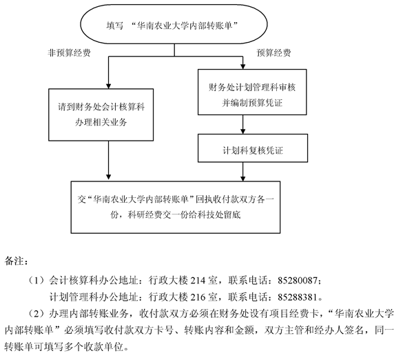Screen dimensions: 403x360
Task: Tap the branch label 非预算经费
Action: pos(69,52)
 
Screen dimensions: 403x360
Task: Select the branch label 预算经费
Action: pos(273,52)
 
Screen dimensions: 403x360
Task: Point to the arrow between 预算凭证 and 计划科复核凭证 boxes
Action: pos(243,124)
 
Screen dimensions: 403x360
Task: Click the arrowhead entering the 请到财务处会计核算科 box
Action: pos(108,86)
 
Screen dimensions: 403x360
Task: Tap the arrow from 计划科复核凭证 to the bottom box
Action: pos(243,172)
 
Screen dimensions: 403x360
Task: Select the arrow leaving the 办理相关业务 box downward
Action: pos(108,160)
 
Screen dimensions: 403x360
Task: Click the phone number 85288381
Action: pos(298,297)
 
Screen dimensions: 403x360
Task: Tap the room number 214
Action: pos(198,280)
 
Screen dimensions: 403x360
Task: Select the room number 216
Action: pos(198,297)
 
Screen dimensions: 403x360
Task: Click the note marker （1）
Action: pos(37,280)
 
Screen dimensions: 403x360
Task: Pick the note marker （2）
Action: pos(37,314)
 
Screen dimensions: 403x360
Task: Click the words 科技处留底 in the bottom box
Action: pos(218,214)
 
